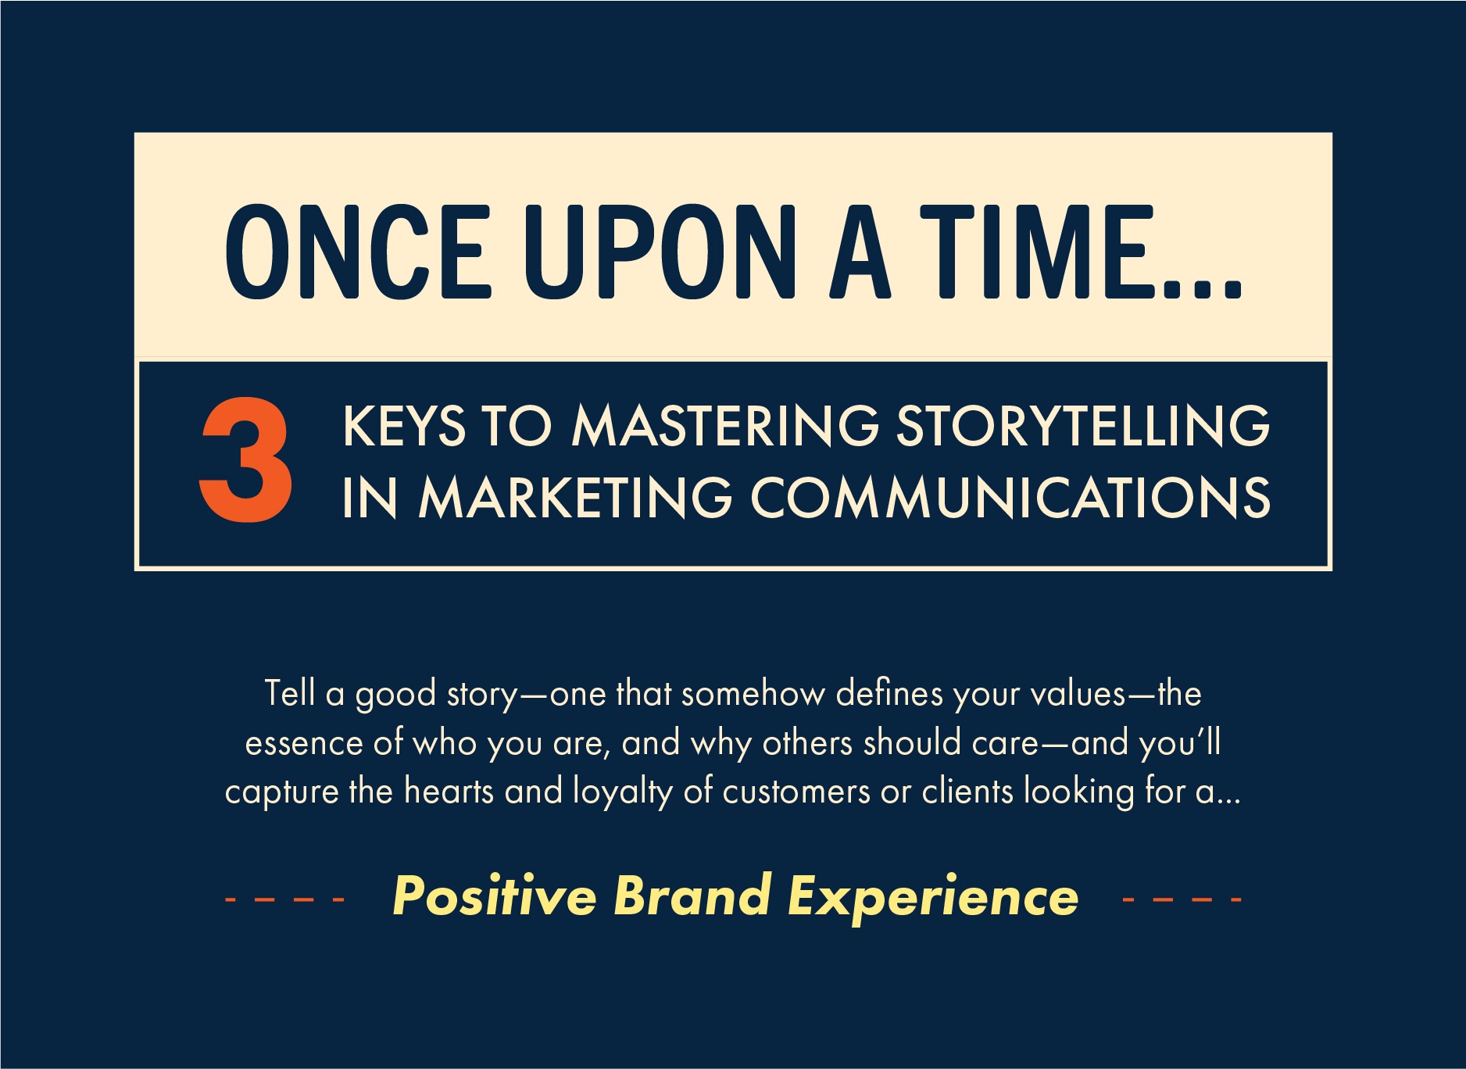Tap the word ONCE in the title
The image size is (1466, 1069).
tap(359, 252)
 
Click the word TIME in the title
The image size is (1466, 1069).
tap(1037, 252)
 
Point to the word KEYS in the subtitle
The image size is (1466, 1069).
tap(404, 427)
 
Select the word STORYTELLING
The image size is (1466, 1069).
tap(1083, 427)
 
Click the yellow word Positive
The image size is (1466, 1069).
tap(495, 896)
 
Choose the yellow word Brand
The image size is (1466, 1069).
tap(693, 896)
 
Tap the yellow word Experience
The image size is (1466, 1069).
tap(933, 897)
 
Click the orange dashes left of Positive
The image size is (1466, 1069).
tap(284, 900)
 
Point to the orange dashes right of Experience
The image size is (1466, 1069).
tap(1182, 900)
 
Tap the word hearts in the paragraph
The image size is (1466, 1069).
tap(449, 792)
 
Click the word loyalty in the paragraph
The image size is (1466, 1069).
tap(623, 793)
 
